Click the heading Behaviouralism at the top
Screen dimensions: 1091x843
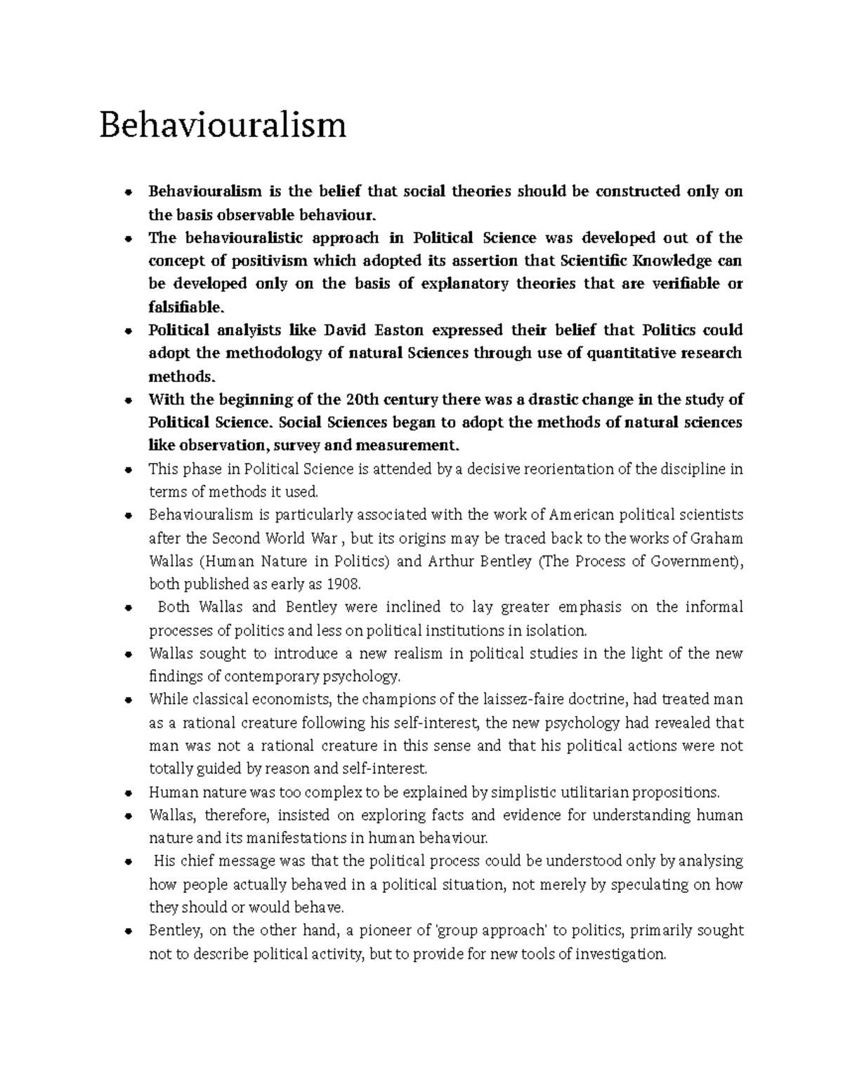tap(223, 126)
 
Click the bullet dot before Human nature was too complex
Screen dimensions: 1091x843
tap(128, 793)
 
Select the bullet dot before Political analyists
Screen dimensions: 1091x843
tap(128, 331)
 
